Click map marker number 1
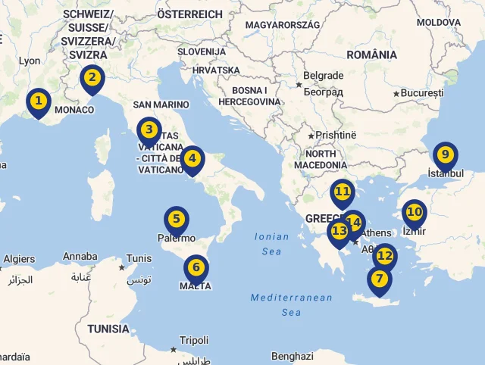click(x=38, y=101)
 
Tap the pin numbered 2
click(x=92, y=77)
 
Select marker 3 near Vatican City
click(x=149, y=130)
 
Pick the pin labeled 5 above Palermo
click(x=176, y=220)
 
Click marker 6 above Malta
click(x=196, y=267)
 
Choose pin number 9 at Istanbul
click(x=445, y=155)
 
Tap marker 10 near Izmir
click(x=414, y=212)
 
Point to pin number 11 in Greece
click(x=343, y=192)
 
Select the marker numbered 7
click(x=379, y=278)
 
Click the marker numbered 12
click(x=385, y=256)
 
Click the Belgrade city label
click(x=323, y=76)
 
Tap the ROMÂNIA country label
click(x=371, y=55)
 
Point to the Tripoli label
click(x=193, y=340)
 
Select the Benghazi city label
click(x=292, y=356)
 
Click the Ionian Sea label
click(x=272, y=244)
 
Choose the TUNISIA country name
click(x=108, y=329)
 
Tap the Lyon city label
click(x=30, y=61)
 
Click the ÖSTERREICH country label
click(x=189, y=14)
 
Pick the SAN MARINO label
click(x=161, y=105)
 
